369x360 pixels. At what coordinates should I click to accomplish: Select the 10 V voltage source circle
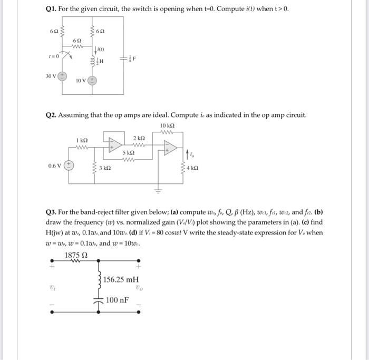[x=92, y=81]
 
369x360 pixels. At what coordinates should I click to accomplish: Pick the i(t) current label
[x=101, y=50]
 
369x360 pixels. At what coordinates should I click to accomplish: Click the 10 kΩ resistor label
[x=167, y=125]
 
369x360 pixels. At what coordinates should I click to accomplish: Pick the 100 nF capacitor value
[x=117, y=300]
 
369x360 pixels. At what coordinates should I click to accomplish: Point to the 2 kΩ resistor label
[x=139, y=138]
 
